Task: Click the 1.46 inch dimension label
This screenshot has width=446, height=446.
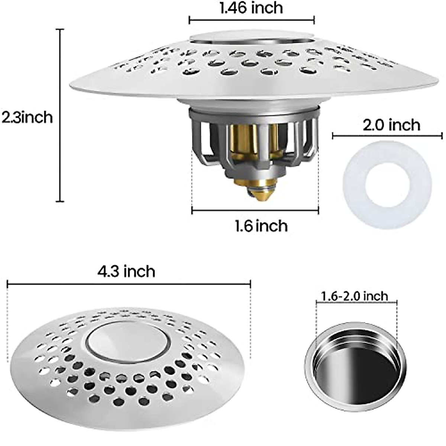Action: click(x=251, y=8)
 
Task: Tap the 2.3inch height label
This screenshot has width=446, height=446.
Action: click(x=27, y=117)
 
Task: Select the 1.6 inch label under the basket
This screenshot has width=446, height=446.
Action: click(x=261, y=226)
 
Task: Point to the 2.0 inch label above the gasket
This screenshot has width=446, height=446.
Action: click(x=391, y=125)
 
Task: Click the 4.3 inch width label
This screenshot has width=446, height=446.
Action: click(x=126, y=271)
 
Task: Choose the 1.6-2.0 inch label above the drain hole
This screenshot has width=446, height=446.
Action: click(x=355, y=296)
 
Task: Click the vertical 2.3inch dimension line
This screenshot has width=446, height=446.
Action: click(x=60, y=115)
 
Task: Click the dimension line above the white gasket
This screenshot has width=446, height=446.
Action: click(x=387, y=136)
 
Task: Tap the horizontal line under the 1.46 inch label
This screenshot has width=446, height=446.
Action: click(x=252, y=20)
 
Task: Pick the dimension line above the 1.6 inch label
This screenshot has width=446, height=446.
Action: click(x=255, y=211)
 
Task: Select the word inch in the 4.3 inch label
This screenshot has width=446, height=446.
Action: click(x=139, y=271)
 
